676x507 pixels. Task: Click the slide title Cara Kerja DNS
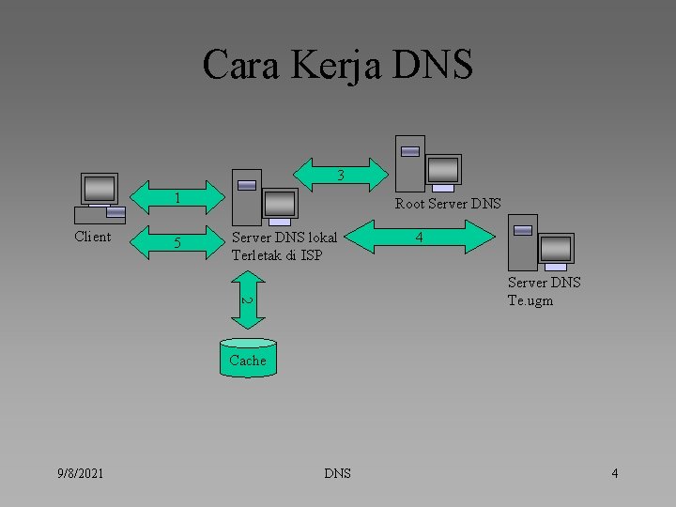[x=338, y=65]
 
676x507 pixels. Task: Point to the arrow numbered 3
[x=342, y=175]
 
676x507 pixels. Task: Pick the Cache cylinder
[x=248, y=359]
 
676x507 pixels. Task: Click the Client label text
[x=92, y=237]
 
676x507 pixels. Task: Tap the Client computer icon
[x=100, y=198]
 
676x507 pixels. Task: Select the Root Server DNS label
[x=448, y=204]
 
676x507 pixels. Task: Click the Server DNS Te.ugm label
[x=544, y=291]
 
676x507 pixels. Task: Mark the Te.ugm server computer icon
[x=540, y=243]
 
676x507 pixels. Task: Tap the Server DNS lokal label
[x=284, y=237]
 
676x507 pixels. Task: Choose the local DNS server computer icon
[x=265, y=196]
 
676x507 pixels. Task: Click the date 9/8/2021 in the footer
[x=80, y=473]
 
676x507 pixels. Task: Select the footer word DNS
[x=337, y=473]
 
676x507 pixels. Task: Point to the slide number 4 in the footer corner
[x=614, y=473]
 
